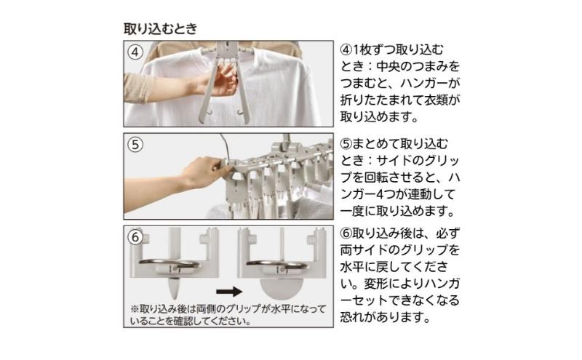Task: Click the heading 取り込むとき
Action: [160, 28]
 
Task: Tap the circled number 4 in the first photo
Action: [135, 52]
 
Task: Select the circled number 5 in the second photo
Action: [135, 145]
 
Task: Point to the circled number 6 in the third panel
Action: [135, 237]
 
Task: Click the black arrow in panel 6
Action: [229, 292]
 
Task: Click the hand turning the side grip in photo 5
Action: [202, 172]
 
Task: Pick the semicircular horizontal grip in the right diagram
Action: [282, 287]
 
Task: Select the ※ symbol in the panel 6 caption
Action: [135, 309]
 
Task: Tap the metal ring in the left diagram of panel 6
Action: [170, 264]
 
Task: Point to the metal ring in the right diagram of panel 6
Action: [277, 264]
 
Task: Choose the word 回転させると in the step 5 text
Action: [401, 177]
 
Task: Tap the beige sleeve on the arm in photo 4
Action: [138, 88]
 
